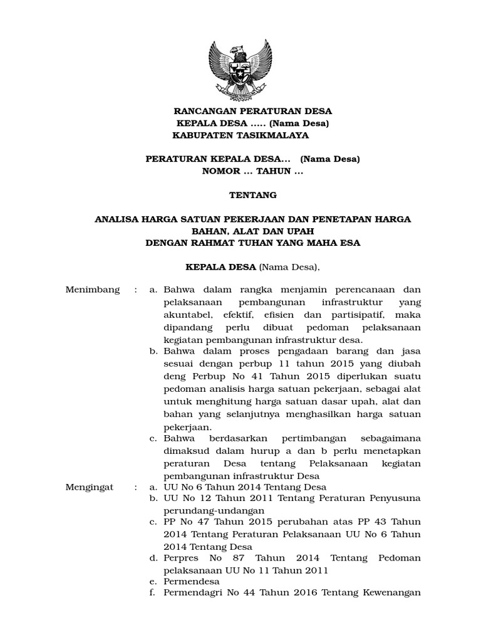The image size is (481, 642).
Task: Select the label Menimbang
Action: click(x=92, y=290)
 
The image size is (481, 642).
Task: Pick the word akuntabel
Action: click(x=187, y=314)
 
